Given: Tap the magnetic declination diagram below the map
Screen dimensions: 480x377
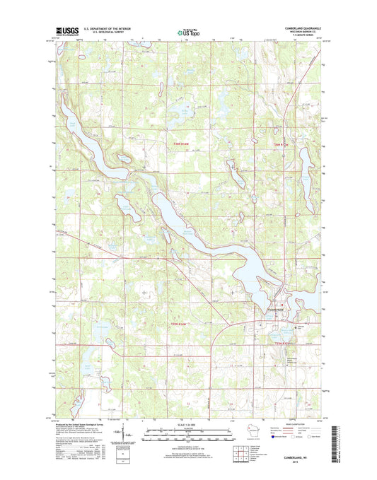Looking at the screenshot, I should pos(126,433).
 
